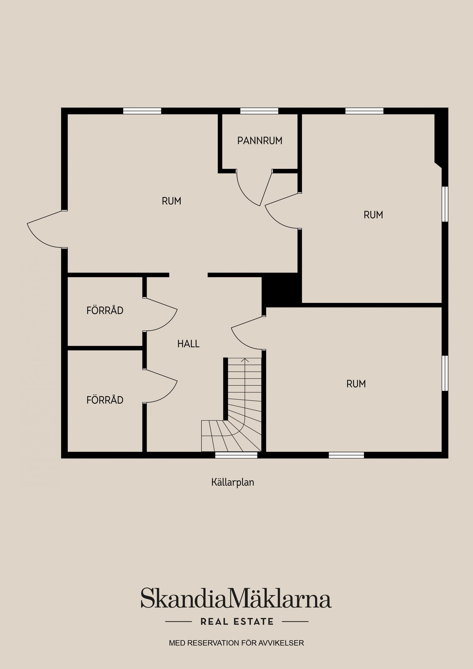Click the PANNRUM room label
click(260, 141)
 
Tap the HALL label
click(188, 344)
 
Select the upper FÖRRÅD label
click(105, 310)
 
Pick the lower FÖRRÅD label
click(105, 400)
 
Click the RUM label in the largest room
click(171, 201)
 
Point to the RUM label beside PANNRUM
click(373, 215)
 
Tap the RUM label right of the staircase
click(356, 384)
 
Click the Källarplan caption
click(233, 482)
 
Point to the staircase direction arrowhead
click(245, 360)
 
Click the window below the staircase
click(236, 455)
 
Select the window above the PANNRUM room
click(259, 111)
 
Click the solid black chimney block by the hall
click(282, 290)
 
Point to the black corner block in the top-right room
click(440, 137)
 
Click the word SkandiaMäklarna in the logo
click(236, 598)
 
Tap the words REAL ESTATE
click(237, 621)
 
